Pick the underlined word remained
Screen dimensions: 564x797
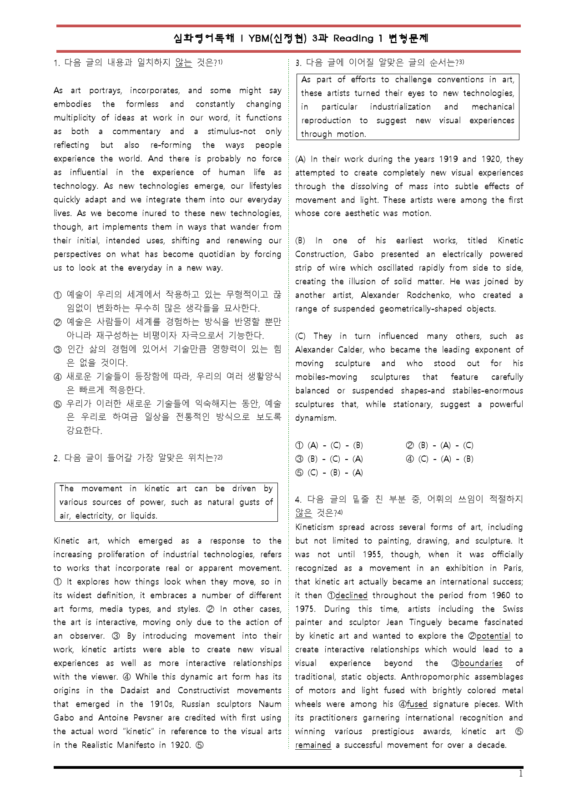(313, 745)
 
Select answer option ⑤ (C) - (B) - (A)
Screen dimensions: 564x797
(329, 473)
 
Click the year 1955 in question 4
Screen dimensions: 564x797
(372, 555)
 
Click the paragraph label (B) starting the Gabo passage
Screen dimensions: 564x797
(300, 241)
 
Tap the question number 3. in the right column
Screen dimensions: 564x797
(298, 63)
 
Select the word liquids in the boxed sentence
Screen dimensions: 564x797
(143, 516)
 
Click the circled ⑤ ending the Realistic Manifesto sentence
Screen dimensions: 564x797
(200, 745)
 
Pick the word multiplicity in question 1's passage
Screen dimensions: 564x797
(75, 118)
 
